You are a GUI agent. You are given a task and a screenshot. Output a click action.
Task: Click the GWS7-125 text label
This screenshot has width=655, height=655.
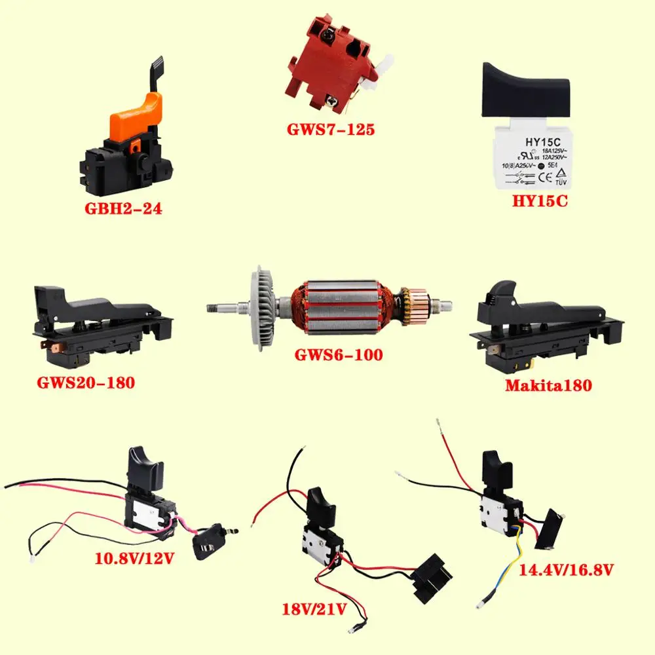click(x=331, y=129)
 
